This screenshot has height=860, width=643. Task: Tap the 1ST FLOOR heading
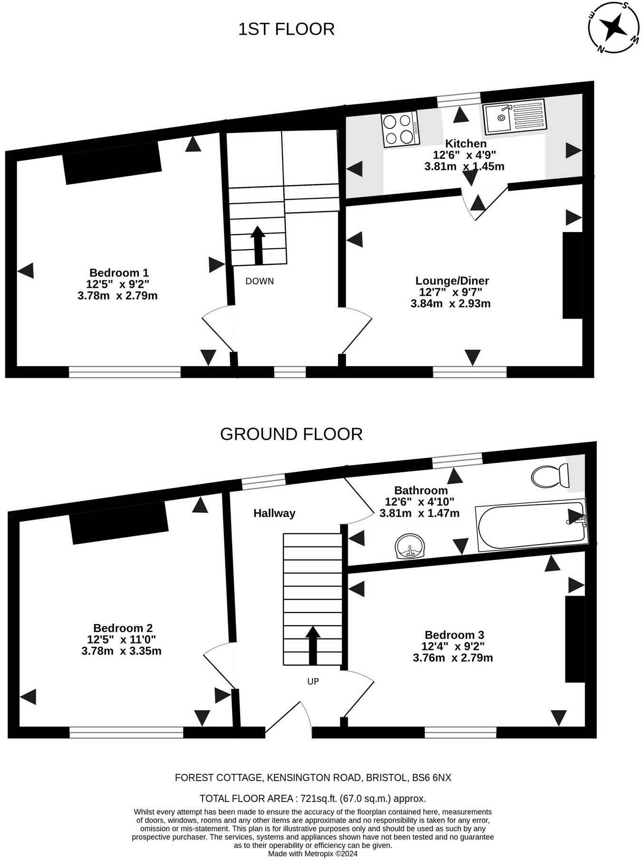coord(286,29)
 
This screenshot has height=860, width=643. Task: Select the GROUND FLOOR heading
coord(291,434)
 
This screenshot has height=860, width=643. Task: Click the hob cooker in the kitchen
coord(400,128)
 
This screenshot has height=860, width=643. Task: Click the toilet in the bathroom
coord(550,475)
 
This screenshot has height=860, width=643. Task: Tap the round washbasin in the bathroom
coord(410,547)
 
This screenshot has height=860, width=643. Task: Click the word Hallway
coord(274,513)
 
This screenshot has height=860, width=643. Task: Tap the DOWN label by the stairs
coord(260,281)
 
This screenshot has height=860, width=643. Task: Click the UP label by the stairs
coord(313,681)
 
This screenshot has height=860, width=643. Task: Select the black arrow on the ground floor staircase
coord(312,645)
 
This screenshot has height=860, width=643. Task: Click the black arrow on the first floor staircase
coord(258,245)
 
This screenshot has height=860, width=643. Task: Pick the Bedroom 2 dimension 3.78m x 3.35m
coord(121,651)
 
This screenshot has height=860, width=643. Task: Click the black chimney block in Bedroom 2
coord(119,522)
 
